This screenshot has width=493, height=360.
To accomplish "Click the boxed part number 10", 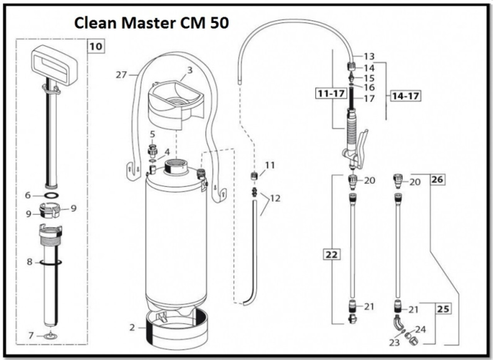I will tap(96, 47).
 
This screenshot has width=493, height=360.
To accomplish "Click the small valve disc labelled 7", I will tap(50, 336).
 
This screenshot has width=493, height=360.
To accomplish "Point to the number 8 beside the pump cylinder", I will tap(30, 262).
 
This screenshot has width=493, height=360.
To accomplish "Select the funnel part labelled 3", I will tap(175, 101).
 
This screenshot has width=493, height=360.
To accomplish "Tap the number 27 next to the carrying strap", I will tap(121, 75).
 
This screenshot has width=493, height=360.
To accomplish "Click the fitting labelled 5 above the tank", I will tap(153, 149).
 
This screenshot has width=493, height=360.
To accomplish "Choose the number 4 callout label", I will tap(167, 152).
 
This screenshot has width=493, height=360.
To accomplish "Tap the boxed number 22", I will tap(332, 255).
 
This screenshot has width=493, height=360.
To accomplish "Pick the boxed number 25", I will tap(443, 309).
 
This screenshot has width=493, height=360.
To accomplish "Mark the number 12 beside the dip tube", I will tap(275, 199).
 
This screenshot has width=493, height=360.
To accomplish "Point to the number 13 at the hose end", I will tap(369, 57).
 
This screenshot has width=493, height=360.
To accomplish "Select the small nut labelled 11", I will tap(254, 176).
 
